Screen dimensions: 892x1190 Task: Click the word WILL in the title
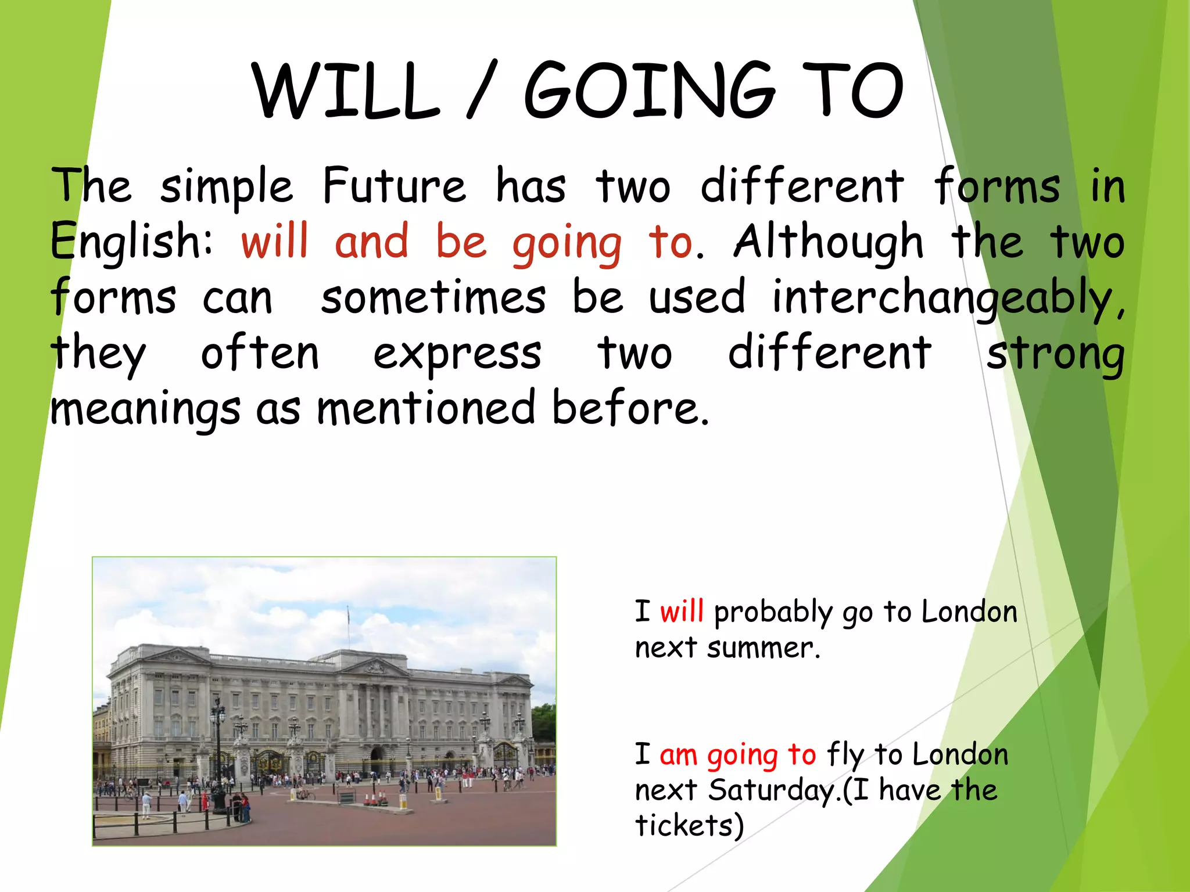click(x=346, y=91)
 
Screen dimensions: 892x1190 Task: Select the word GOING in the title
click(x=650, y=91)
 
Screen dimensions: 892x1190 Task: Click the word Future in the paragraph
click(x=394, y=186)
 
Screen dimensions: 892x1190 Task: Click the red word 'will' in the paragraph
click(x=274, y=242)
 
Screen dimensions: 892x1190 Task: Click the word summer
click(x=764, y=648)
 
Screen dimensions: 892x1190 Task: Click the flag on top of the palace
click(x=349, y=613)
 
